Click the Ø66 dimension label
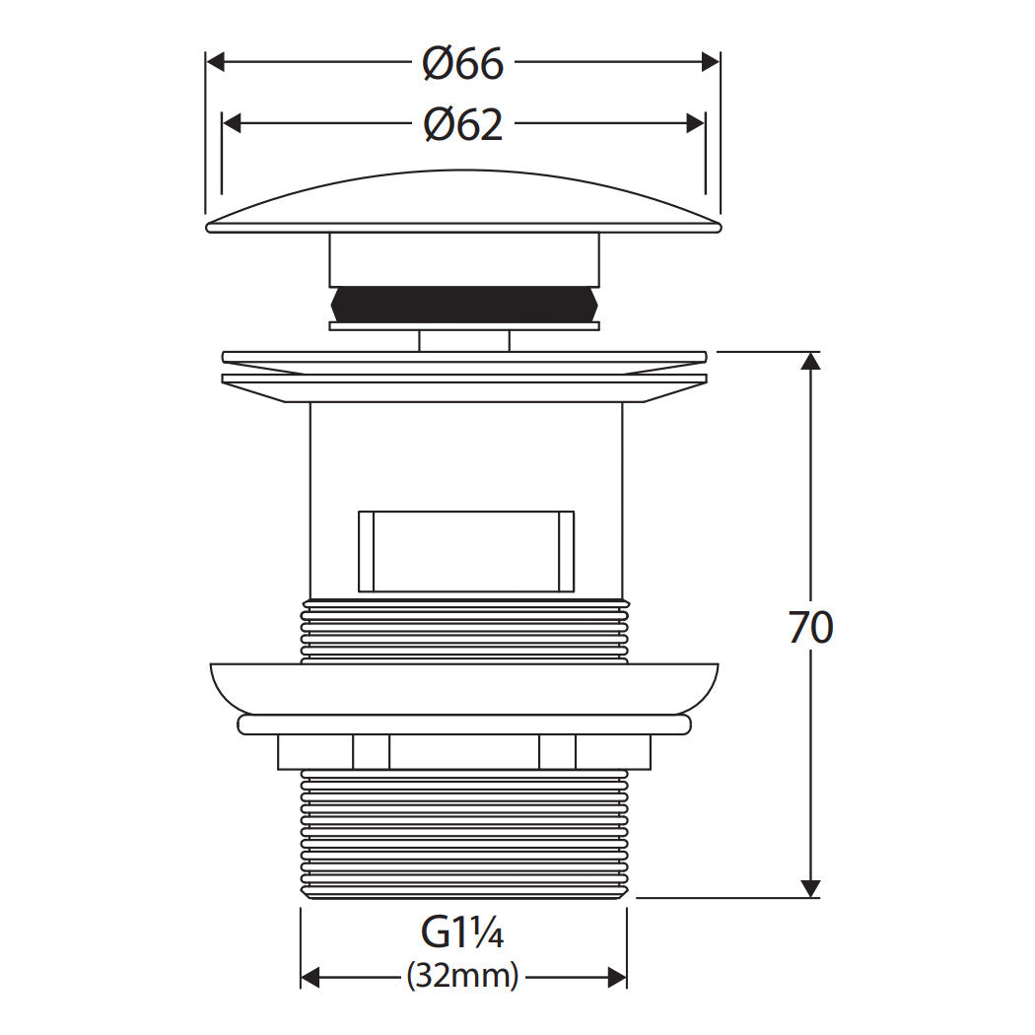click(x=462, y=63)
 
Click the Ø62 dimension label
click(x=462, y=124)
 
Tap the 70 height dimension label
click(x=810, y=627)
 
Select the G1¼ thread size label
click(x=462, y=932)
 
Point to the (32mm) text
click(x=462, y=976)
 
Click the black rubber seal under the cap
click(x=464, y=304)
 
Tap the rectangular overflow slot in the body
click(x=466, y=551)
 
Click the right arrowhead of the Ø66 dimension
click(x=711, y=62)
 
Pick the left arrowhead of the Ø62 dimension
click(x=232, y=123)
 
